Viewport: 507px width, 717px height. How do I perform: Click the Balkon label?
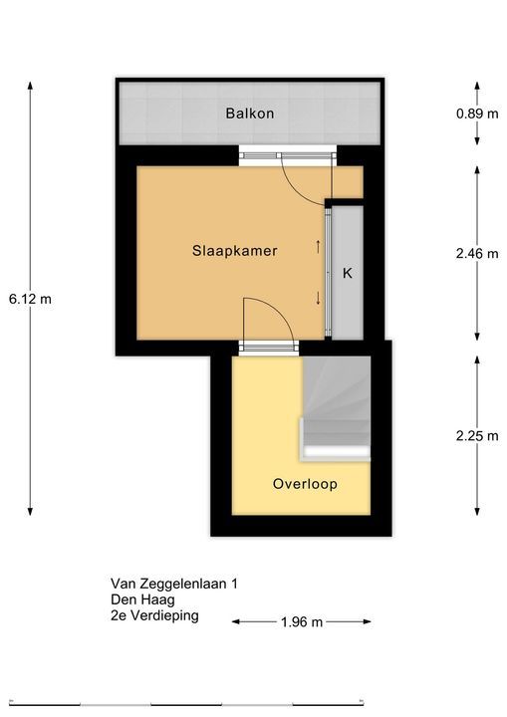click(249, 113)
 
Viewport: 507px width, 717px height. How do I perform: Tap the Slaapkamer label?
click(235, 251)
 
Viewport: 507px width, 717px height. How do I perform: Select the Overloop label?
click(305, 484)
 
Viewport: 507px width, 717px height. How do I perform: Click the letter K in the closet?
click(348, 274)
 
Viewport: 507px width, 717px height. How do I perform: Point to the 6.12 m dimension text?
click(30, 299)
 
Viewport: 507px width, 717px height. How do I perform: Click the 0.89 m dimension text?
click(477, 114)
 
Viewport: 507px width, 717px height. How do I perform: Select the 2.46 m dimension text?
click(477, 253)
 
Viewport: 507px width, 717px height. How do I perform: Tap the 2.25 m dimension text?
click(477, 436)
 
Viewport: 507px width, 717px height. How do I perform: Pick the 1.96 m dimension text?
click(302, 621)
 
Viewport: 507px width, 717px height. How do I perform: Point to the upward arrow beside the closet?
click(318, 247)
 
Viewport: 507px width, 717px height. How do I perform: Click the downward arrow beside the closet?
click(318, 299)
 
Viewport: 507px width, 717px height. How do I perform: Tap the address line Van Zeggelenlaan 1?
click(174, 584)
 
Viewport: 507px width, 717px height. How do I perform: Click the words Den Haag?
click(142, 599)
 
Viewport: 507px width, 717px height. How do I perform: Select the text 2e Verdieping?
click(154, 615)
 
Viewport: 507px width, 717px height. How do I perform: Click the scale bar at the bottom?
click(186, 702)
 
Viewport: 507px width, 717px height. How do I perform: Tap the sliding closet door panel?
click(328, 273)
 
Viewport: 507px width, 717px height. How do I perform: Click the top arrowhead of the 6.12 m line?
click(30, 84)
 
